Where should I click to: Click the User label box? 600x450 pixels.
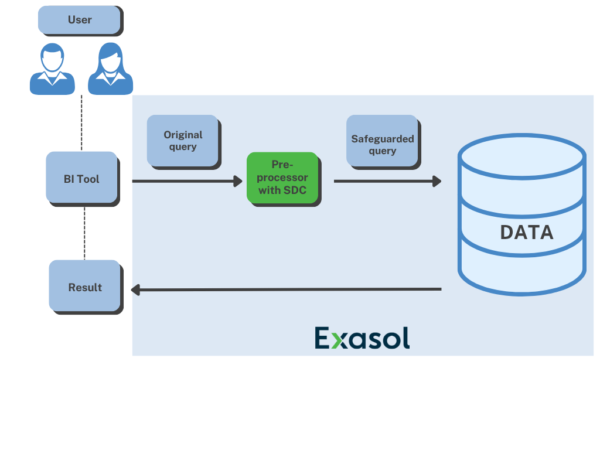pyautogui.click(x=80, y=20)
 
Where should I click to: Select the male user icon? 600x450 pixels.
pyautogui.click(x=52, y=69)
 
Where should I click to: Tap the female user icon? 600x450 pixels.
pyautogui.click(x=111, y=69)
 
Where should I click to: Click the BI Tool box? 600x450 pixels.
pyautogui.click(x=81, y=179)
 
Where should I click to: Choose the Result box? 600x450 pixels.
pyautogui.click(x=85, y=287)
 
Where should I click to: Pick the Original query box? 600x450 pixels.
pyautogui.click(x=182, y=141)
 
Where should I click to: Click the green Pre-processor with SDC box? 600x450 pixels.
pyautogui.click(x=282, y=177)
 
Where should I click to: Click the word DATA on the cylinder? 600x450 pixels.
pyautogui.click(x=526, y=233)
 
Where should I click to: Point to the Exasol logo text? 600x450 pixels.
pyautogui.click(x=362, y=338)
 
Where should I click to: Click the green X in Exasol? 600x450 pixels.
pyautogui.click(x=336, y=339)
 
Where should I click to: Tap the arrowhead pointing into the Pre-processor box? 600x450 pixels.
pyautogui.click(x=238, y=181)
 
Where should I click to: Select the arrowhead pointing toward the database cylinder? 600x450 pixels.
pyautogui.click(x=437, y=181)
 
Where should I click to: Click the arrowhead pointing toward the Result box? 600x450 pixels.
pyautogui.click(x=135, y=289)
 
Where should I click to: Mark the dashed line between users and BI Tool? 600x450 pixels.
pyautogui.click(x=81, y=123)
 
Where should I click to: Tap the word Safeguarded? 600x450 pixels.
pyautogui.click(x=383, y=139)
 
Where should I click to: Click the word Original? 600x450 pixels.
pyautogui.click(x=183, y=135)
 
